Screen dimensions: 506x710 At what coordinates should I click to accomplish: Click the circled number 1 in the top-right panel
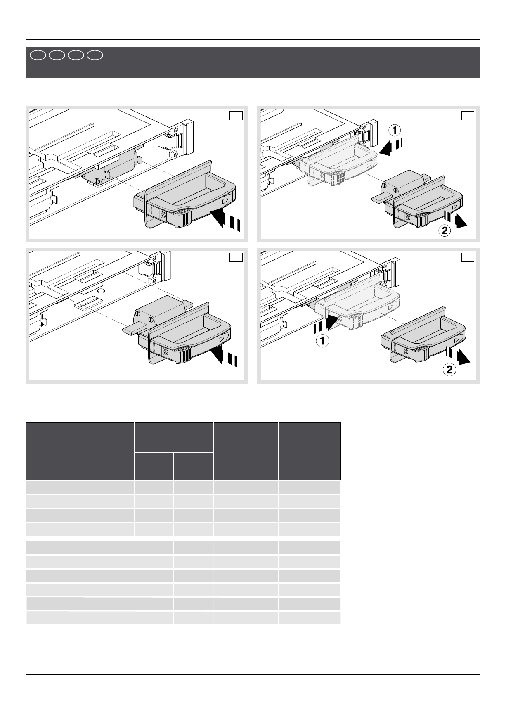point(395,131)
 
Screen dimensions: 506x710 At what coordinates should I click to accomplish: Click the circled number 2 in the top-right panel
point(444,230)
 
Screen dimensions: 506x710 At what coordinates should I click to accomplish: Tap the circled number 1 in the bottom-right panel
point(322,342)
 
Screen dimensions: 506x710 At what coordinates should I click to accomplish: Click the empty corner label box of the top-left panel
point(236,116)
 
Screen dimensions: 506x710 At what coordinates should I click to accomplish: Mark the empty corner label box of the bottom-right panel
point(468,257)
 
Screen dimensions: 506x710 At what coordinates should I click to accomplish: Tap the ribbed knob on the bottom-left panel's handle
point(184,354)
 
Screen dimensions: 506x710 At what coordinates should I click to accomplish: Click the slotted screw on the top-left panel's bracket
point(97,180)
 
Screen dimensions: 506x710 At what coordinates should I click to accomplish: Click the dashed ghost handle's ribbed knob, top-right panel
point(338,178)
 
